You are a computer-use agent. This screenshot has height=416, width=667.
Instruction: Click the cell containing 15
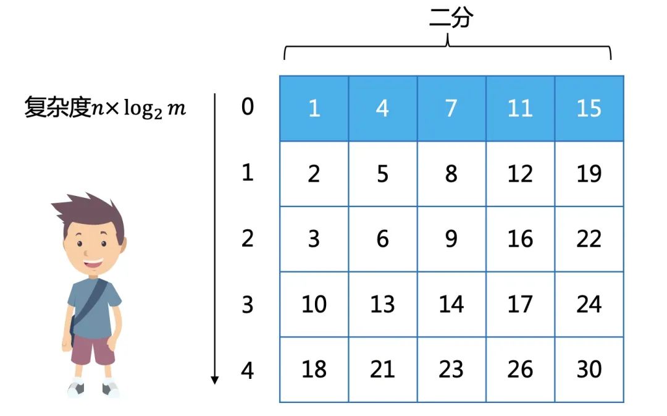pyautogui.click(x=589, y=109)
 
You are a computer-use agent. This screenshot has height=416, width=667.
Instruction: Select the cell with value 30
pyautogui.click(x=589, y=369)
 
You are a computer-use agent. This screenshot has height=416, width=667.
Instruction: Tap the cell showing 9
pyautogui.click(x=451, y=239)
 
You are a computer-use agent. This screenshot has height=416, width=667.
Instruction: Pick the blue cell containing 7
pyautogui.click(x=451, y=109)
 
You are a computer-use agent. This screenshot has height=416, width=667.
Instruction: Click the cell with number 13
pyautogui.click(x=383, y=304)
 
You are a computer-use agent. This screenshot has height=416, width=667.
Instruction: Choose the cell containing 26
pyautogui.click(x=520, y=369)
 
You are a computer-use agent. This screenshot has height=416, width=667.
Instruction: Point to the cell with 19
pyautogui.click(x=589, y=174)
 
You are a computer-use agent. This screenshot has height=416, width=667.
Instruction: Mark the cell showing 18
pyautogui.click(x=314, y=369)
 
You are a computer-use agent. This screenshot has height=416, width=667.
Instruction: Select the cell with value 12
pyautogui.click(x=520, y=174)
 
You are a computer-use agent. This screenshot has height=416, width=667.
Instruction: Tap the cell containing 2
pyautogui.click(x=314, y=174)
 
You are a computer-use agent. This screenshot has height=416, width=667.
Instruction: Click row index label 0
pyautogui.click(x=248, y=108)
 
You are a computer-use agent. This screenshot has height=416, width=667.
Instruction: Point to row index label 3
pyautogui.click(x=248, y=304)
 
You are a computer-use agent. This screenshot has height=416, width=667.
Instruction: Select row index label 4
pyautogui.click(x=248, y=370)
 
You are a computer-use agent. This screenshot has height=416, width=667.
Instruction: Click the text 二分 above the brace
pyautogui.click(x=451, y=19)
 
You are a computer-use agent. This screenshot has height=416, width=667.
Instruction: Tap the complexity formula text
pyautogui.click(x=105, y=108)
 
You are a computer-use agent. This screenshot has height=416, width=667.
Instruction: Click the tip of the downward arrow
pyautogui.click(x=215, y=381)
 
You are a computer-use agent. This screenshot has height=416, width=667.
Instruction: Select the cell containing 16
pyautogui.click(x=520, y=239)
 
